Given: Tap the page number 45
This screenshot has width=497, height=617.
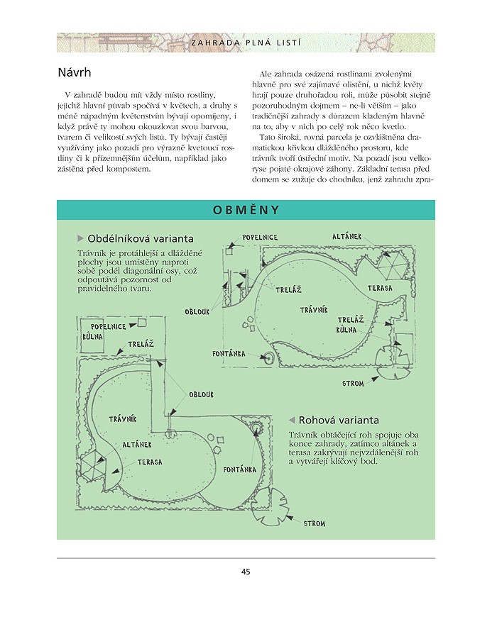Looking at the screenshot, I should pos(246,572).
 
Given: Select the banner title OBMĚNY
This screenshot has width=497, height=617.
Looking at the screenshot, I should pos(246,210).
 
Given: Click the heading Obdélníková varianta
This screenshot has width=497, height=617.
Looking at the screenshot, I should pos(141,238).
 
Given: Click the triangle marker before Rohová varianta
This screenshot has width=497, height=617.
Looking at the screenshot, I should pos(291,420).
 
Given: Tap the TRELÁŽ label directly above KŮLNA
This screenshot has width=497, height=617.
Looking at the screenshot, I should pos(351,320).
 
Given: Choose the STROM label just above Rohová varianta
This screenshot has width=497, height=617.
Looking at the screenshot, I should pos(353,383).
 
